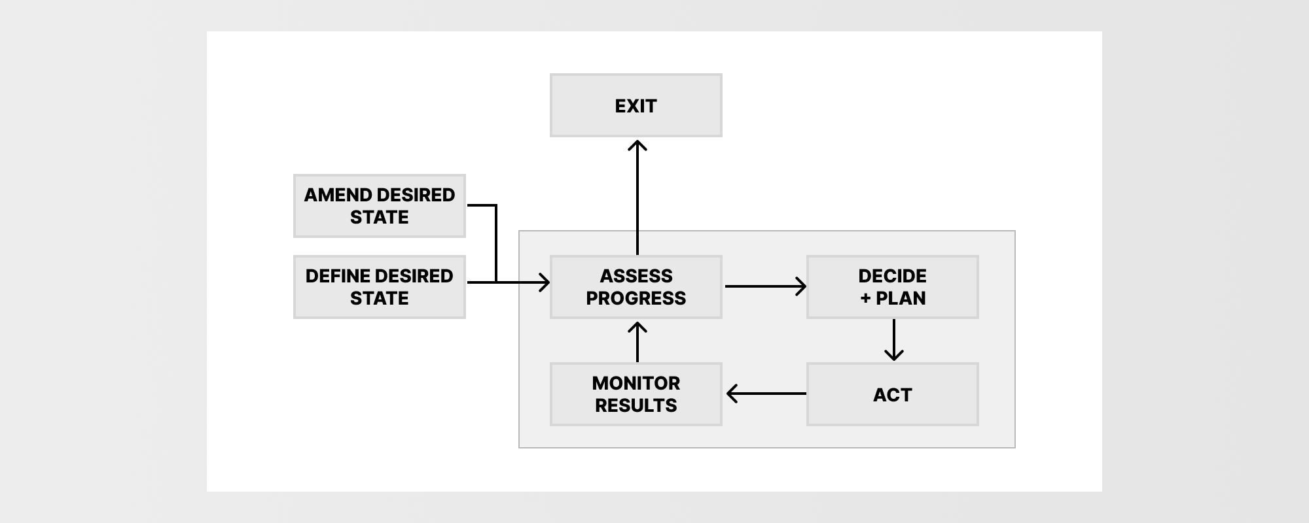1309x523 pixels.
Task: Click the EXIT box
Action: pyautogui.click(x=636, y=105)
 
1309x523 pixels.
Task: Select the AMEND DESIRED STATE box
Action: pyautogui.click(x=379, y=206)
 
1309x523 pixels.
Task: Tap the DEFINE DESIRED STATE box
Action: pyautogui.click(x=379, y=287)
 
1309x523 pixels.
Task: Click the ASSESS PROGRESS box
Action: pyautogui.click(x=636, y=287)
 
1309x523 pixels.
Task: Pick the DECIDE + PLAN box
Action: pyautogui.click(x=892, y=287)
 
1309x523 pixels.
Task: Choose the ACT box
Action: pyautogui.click(x=892, y=394)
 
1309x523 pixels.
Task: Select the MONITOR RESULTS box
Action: pyautogui.click(x=636, y=394)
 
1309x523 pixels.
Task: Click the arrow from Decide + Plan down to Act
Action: pyautogui.click(x=893, y=340)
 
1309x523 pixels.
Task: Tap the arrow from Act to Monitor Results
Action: pyautogui.click(x=766, y=394)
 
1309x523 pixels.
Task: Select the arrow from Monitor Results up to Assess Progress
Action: pyautogui.click(x=637, y=342)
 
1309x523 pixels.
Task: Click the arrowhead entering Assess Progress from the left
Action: pyautogui.click(x=545, y=282)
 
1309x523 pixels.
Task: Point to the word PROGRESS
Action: pyautogui.click(x=636, y=298)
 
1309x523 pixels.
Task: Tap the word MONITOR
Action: pyautogui.click(x=636, y=383)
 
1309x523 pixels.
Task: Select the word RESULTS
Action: pyautogui.click(x=636, y=405)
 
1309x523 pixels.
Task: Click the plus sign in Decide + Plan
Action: pyautogui.click(x=865, y=299)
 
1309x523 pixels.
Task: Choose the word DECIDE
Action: pyautogui.click(x=892, y=276)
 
